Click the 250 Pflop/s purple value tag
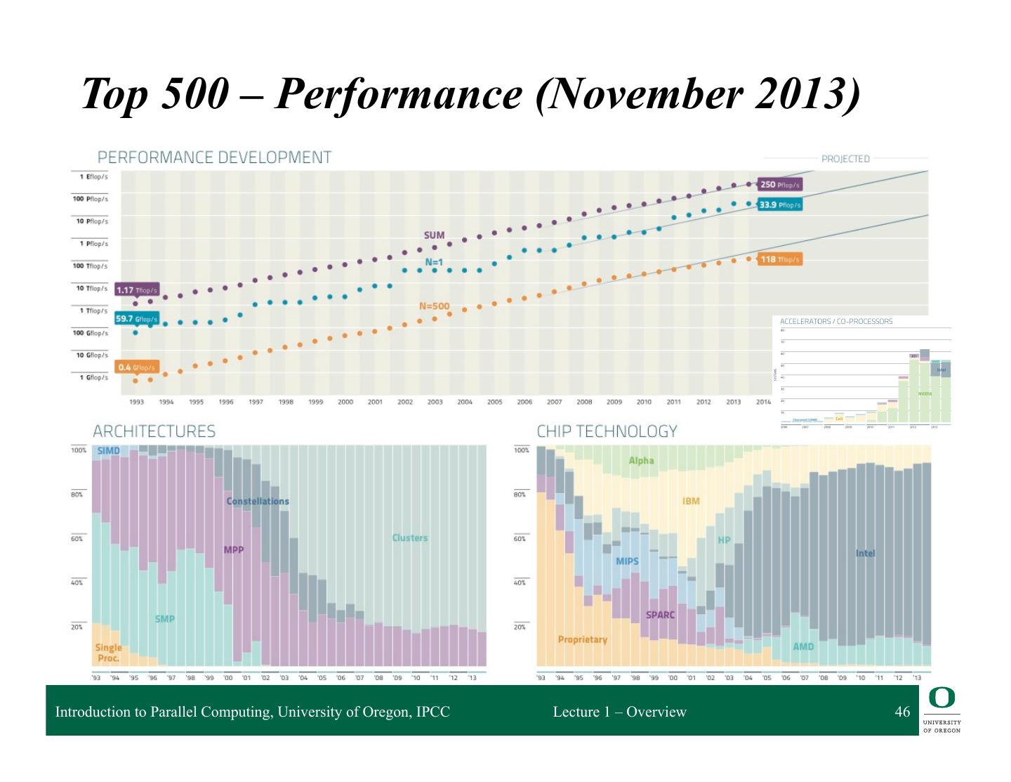pos(780,184)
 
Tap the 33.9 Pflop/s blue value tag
pos(779,205)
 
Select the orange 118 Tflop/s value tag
pos(780,259)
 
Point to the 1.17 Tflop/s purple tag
pos(137,290)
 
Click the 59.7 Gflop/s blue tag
pos(137,318)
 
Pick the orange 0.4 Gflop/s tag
pos(137,367)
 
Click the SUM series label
pos(434,235)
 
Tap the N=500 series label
pos(434,306)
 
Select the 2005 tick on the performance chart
pos(495,402)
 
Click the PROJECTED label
pos(845,159)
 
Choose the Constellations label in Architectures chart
pos(258,501)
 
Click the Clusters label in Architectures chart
pos(409,537)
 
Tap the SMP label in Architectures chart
pos(165,619)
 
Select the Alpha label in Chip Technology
pos(641,461)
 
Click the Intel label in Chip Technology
pos(866,553)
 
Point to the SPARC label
pos(660,615)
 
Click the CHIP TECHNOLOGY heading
pos(607,431)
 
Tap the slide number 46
pos(902,712)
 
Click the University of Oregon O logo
pos(941,698)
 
